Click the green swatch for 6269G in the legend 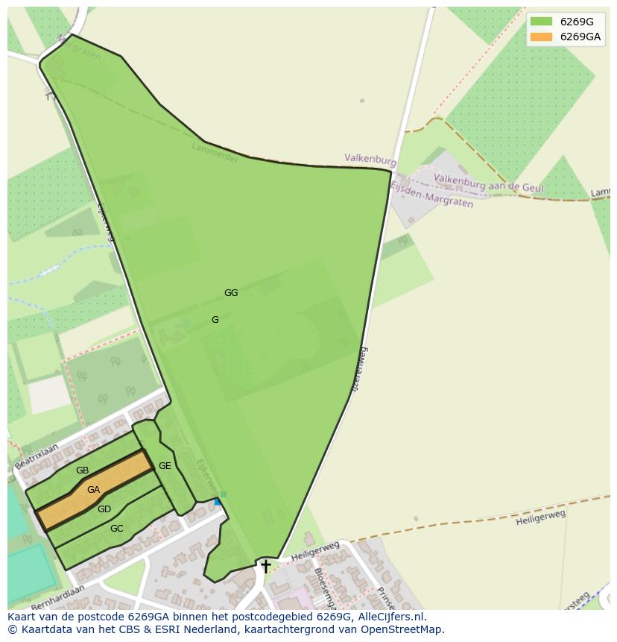(x=542, y=22)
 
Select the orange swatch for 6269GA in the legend (x=542, y=37)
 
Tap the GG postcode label (x=231, y=293)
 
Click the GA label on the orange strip (x=93, y=490)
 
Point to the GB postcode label (x=82, y=471)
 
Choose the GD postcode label (x=104, y=509)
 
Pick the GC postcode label (x=117, y=529)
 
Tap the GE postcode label (x=165, y=466)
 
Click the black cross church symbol (x=265, y=567)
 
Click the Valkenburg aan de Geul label (x=488, y=183)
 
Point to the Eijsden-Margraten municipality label (x=432, y=195)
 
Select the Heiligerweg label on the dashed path (x=540, y=517)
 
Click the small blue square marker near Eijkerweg (x=218, y=502)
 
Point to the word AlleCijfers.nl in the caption (x=389, y=617)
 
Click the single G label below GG (x=215, y=320)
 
